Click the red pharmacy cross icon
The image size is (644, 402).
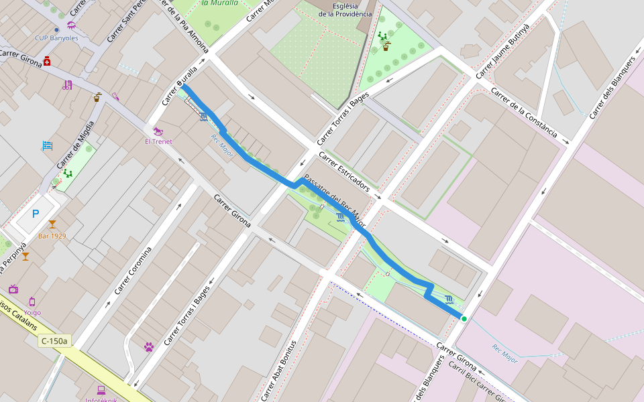tap(47, 62)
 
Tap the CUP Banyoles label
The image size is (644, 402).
tap(56, 38)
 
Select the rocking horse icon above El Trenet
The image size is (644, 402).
tap(158, 131)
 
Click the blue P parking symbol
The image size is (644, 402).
tap(36, 214)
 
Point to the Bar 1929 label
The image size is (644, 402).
tap(52, 236)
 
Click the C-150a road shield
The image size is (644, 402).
tap(54, 340)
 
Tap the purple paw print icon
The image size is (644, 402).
tap(148, 347)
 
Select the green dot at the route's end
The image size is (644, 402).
tap(464, 318)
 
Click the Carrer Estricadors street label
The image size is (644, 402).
tap(344, 171)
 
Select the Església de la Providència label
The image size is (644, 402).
tap(345, 9)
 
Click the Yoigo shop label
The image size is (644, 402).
tap(32, 312)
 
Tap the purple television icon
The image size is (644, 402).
tap(13, 289)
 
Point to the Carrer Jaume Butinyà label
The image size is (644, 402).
tap(502, 50)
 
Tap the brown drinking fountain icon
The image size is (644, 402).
tap(98, 96)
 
